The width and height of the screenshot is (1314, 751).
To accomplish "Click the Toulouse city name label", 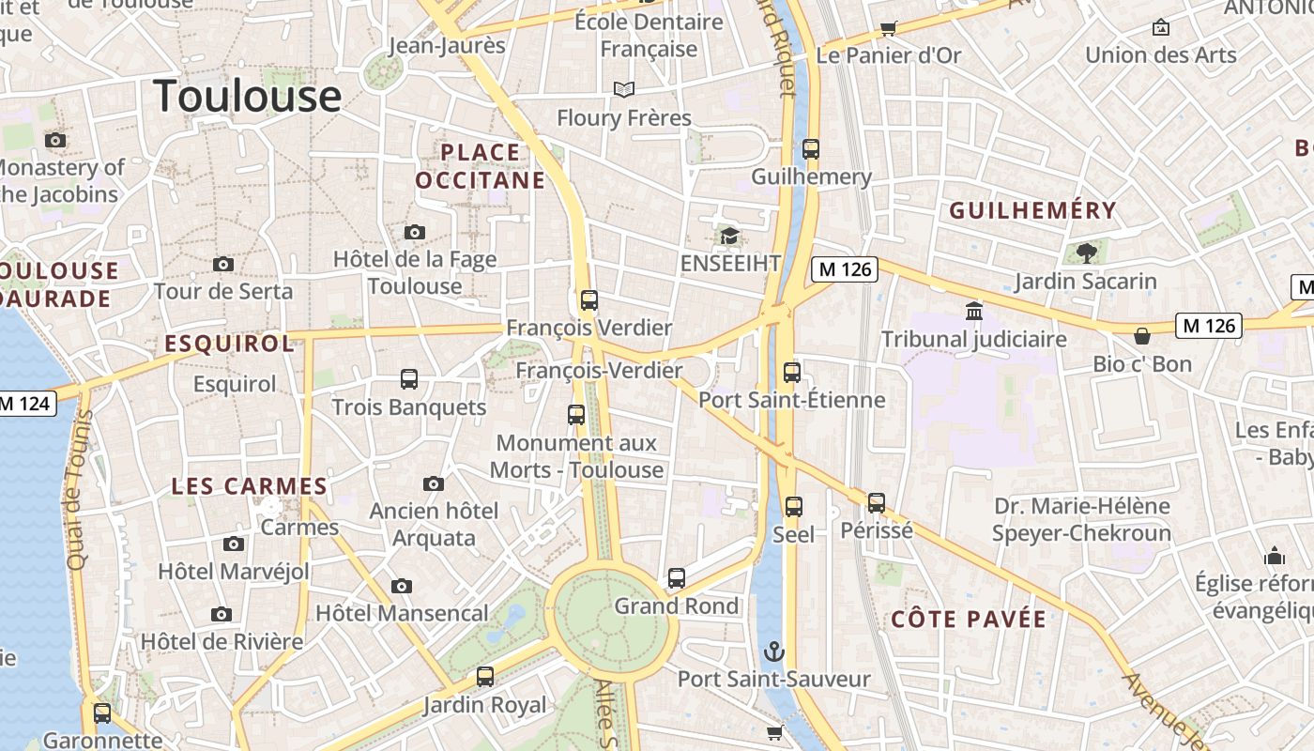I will (247, 96).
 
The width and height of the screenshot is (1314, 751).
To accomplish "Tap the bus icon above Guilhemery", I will (811, 149).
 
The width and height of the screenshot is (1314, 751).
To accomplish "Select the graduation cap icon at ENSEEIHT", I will (730, 236).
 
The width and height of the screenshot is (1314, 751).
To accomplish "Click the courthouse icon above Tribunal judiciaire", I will (974, 311).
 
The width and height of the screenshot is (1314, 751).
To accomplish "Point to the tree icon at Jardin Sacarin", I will (1086, 253).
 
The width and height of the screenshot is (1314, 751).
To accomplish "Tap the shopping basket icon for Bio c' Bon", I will (1142, 335).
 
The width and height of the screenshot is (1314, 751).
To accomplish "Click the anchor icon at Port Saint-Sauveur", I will (774, 651).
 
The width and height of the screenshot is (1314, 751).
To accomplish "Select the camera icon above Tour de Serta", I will (223, 264).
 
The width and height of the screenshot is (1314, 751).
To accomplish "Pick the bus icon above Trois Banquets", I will (409, 379).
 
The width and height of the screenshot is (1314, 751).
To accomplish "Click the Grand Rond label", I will (677, 606).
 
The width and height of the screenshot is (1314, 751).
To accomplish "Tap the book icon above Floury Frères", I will (624, 89).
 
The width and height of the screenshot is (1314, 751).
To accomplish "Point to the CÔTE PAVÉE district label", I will (968, 620).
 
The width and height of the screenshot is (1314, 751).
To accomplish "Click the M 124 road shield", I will (26, 405).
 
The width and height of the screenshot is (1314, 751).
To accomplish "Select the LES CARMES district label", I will (249, 486).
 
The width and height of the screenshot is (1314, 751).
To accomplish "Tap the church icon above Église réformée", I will (1274, 556).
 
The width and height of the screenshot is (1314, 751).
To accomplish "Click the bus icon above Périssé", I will (877, 502).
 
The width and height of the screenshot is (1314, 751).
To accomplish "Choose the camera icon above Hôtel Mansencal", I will (402, 586).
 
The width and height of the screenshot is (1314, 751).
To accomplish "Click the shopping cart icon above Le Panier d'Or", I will (888, 28).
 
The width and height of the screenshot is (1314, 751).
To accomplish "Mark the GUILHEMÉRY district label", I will (1032, 210).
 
